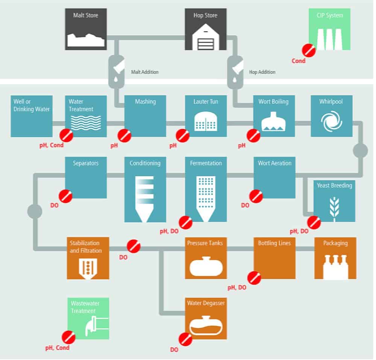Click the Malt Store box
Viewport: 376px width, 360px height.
pyautogui.click(x=86, y=29)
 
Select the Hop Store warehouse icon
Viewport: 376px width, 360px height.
pyautogui.click(x=206, y=37)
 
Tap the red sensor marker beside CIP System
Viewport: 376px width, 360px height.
pyautogui.click(x=309, y=50)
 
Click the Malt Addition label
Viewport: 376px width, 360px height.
pyautogui.click(x=145, y=72)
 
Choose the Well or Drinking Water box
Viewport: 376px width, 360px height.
pyautogui.click(x=32, y=116)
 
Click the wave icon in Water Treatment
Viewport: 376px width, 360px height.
pyautogui.click(x=86, y=123)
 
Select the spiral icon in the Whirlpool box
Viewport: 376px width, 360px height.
pyautogui.click(x=332, y=121)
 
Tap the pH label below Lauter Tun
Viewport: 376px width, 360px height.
pyautogui.click(x=173, y=145)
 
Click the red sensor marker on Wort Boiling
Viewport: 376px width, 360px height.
pyautogui.click(x=253, y=136)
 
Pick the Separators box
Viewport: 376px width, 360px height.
pyautogui.click(x=86, y=178)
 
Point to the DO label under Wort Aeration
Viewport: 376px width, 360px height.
pyautogui.click(x=245, y=206)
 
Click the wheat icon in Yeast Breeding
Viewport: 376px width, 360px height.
pyautogui.click(x=334, y=209)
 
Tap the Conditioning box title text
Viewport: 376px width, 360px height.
pyautogui.click(x=145, y=163)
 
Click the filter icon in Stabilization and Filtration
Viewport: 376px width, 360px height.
pyautogui.click(x=88, y=269)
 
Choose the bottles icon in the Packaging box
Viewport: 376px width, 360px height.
pyautogui.click(x=335, y=267)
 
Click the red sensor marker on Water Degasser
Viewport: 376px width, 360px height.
pyautogui.click(x=185, y=339)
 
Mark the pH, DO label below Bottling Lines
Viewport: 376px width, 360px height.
pyautogui.click(x=237, y=287)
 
